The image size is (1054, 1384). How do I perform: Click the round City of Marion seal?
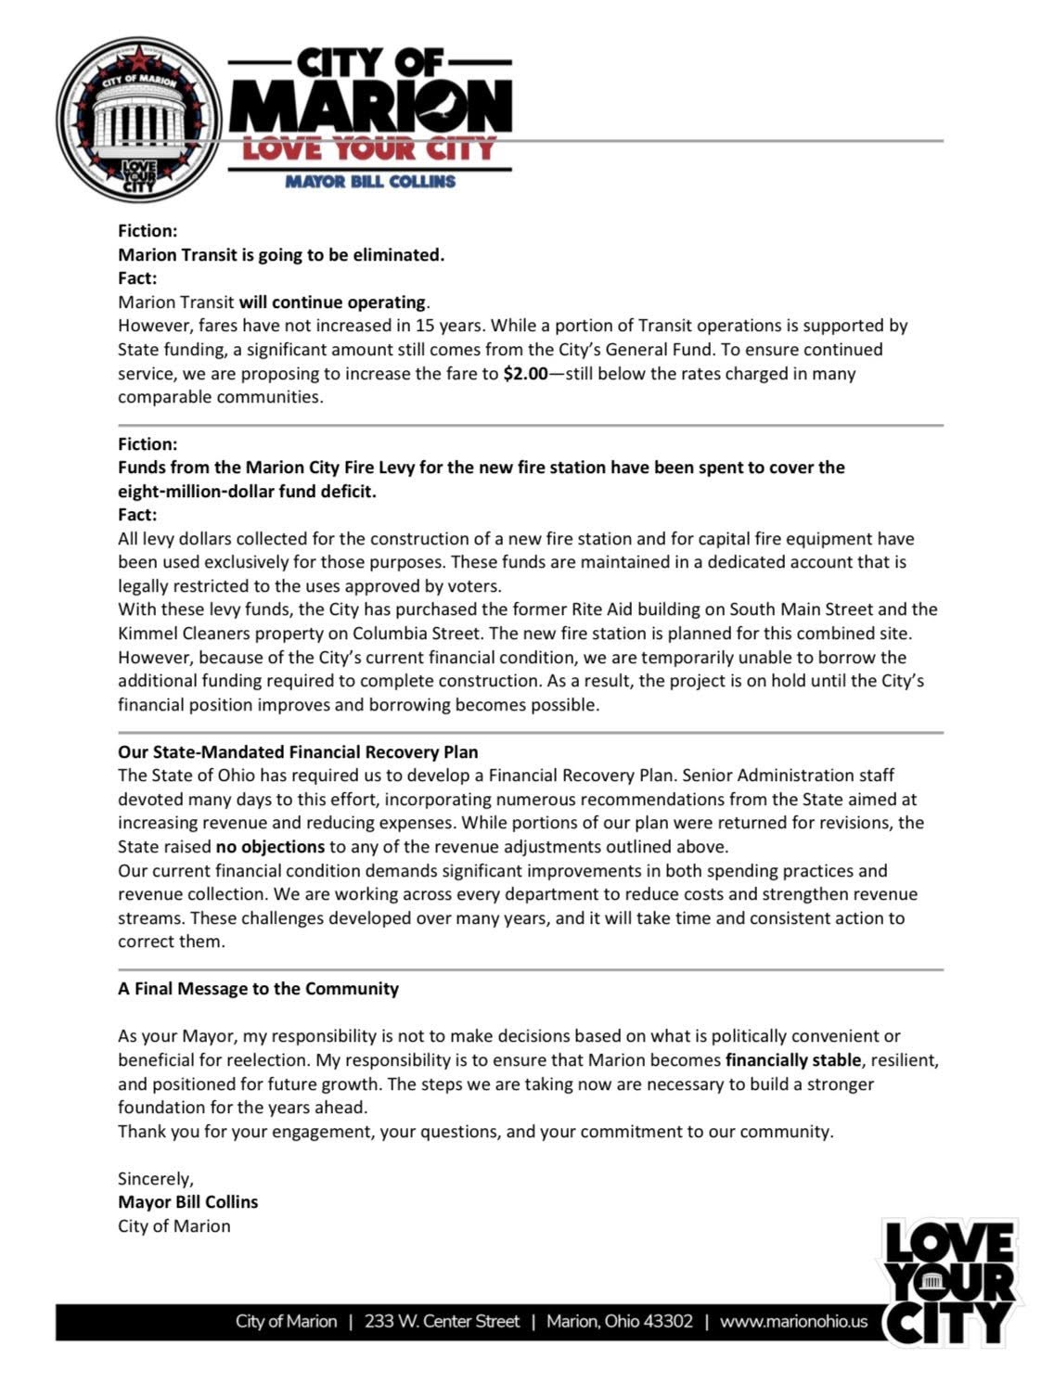(x=139, y=121)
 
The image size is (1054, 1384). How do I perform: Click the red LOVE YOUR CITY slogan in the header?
(x=369, y=148)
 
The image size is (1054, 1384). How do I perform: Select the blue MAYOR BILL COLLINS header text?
(x=370, y=182)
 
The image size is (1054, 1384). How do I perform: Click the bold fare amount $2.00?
(x=525, y=374)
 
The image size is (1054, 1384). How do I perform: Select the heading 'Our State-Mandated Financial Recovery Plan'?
(x=298, y=751)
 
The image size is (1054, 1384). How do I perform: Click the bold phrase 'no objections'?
(x=270, y=846)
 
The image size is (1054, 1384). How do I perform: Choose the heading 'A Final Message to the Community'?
(x=258, y=989)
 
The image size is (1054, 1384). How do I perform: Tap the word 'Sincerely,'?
(x=156, y=1179)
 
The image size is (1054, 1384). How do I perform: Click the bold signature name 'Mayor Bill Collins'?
(x=188, y=1202)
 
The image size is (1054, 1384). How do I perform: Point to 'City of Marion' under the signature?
(x=174, y=1226)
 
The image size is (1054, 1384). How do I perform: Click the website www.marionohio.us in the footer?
(x=793, y=1321)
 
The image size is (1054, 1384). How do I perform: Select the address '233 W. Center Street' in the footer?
(x=442, y=1321)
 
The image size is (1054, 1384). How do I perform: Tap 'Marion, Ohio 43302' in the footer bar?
(x=619, y=1321)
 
